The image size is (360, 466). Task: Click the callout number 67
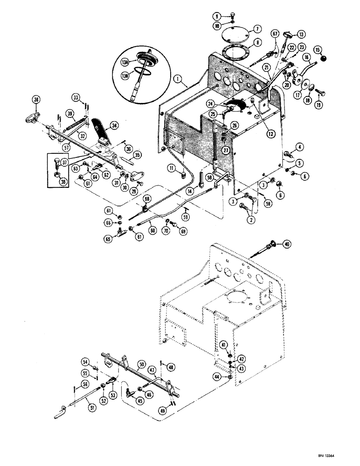[x=275, y=34]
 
